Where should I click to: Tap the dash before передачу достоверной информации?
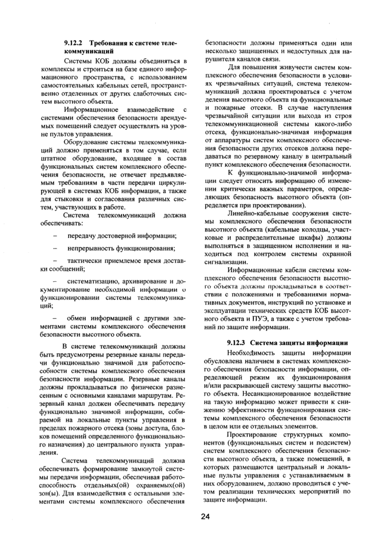[x=55, y=235]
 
